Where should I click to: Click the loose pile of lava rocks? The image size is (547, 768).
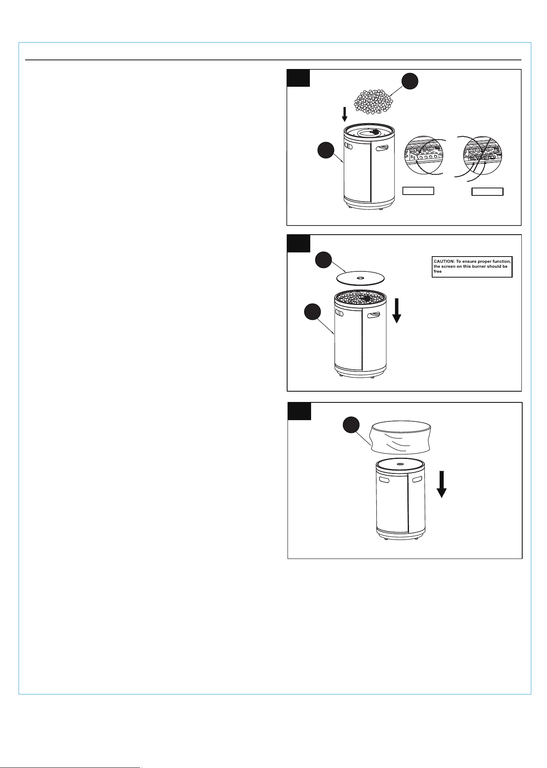373,102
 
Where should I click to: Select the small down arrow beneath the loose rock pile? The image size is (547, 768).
345,114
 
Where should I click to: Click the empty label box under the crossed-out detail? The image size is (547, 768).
488,191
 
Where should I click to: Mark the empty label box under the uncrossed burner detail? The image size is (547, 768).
418,190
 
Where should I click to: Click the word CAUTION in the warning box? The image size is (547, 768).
444,262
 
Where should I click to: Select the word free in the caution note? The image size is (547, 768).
438,271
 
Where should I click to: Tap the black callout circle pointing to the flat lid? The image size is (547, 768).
323,260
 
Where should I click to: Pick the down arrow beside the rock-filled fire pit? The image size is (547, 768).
397,310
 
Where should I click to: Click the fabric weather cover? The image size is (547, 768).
401,437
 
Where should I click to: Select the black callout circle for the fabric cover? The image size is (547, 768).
352,426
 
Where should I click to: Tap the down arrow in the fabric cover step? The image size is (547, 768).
442,484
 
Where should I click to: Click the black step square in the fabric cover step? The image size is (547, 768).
299,411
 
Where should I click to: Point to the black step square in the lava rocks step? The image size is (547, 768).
298,78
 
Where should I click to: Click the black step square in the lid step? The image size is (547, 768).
298,244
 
